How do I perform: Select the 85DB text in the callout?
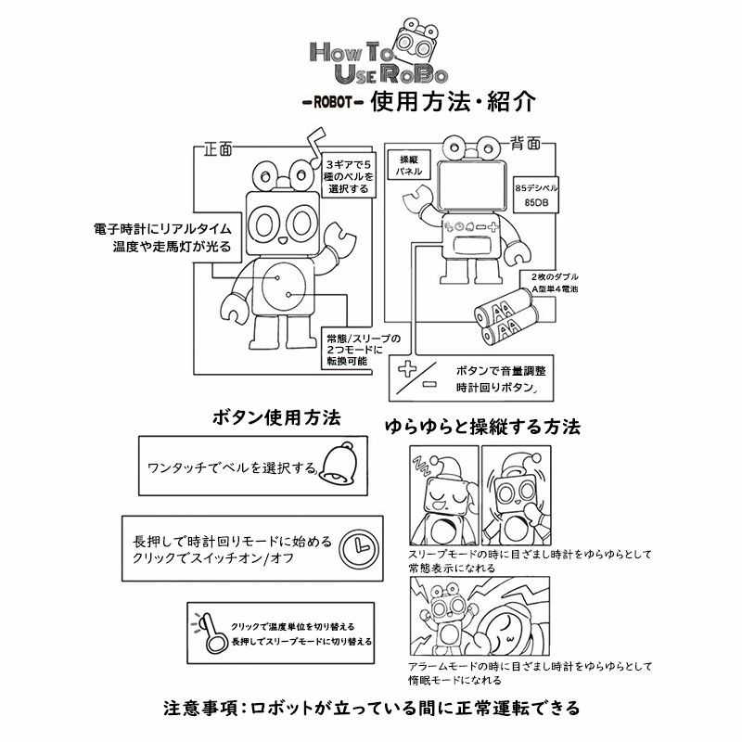[x=535, y=201]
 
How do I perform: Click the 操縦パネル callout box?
[x=409, y=165]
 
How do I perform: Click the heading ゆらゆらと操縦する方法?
[x=482, y=428]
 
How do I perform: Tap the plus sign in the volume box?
[x=406, y=369]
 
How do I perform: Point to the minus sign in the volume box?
[x=429, y=383]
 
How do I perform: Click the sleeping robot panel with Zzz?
[x=442, y=494]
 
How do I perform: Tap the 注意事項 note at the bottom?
[x=370, y=709]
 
